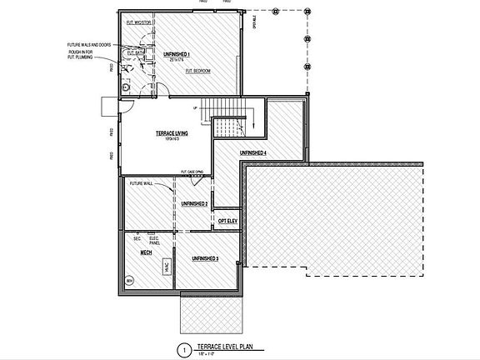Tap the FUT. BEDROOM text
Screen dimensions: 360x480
coord(197,71)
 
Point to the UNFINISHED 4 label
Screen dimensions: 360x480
coord(253,154)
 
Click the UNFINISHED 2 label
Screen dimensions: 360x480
coord(194,204)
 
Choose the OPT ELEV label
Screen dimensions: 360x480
coord(227,221)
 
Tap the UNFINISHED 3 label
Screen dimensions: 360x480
coord(205,260)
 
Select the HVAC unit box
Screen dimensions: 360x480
coord(167,267)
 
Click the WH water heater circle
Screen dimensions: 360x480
coord(129,282)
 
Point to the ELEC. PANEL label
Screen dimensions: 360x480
coord(152,239)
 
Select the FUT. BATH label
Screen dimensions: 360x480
coord(136,52)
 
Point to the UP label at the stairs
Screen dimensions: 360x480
coord(194,108)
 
